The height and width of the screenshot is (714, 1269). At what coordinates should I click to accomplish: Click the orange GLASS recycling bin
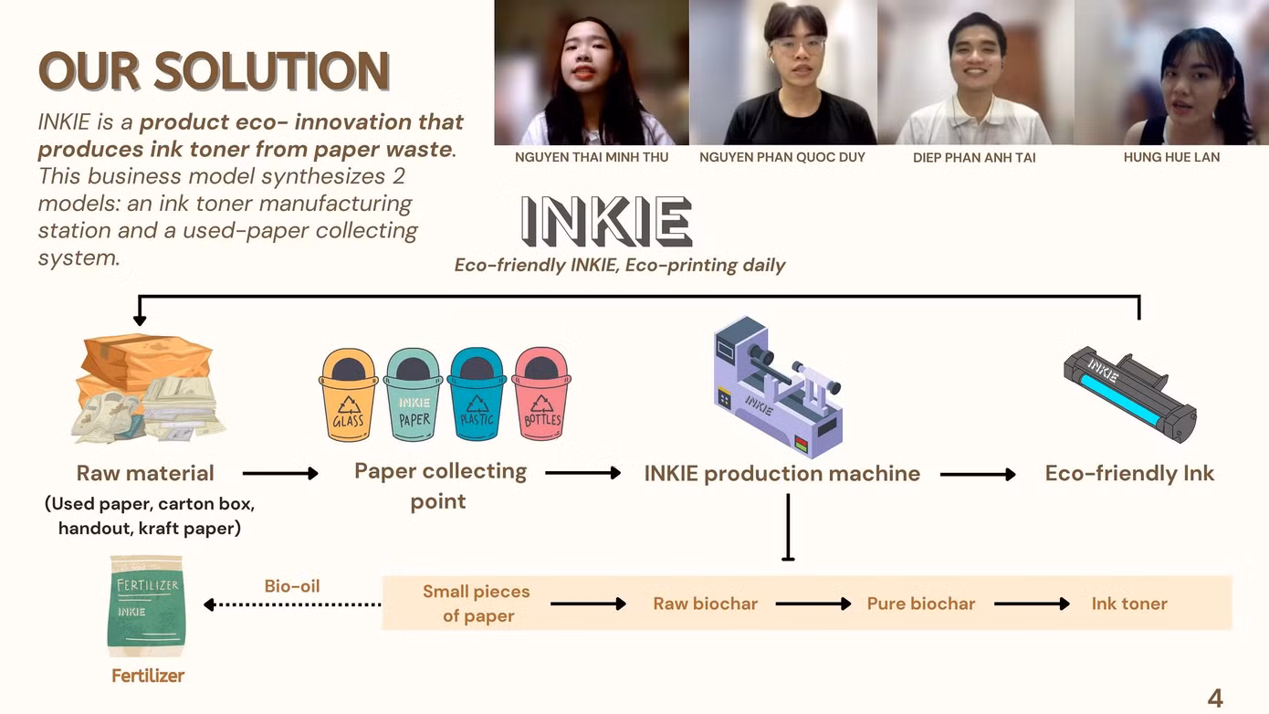(x=349, y=394)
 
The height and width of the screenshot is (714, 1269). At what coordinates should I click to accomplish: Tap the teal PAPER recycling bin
(x=413, y=394)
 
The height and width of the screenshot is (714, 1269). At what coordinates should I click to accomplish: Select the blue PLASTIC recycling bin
(x=477, y=394)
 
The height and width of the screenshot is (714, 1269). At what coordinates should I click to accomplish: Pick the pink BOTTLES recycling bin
(x=541, y=394)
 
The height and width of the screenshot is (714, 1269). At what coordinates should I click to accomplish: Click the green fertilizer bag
(x=147, y=606)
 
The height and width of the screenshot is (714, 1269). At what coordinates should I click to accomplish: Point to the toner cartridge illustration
(x=1130, y=394)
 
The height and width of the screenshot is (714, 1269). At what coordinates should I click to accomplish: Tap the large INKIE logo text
(x=606, y=221)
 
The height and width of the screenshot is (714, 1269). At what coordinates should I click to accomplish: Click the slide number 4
(x=1214, y=698)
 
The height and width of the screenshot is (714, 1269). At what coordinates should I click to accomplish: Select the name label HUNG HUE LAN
(x=1171, y=158)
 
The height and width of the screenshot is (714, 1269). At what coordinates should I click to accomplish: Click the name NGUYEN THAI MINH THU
(x=592, y=158)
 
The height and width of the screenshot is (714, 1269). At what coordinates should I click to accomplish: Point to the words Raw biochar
(x=706, y=604)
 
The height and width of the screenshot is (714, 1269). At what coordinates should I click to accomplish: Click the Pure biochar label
(x=920, y=604)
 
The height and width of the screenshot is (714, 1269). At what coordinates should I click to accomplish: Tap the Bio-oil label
(x=292, y=586)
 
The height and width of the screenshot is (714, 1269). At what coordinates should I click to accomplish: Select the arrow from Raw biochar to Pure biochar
(x=813, y=604)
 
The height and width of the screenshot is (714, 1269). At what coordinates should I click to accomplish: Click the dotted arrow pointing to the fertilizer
(x=292, y=605)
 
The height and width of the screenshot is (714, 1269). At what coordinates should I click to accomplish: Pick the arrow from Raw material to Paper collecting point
(x=280, y=473)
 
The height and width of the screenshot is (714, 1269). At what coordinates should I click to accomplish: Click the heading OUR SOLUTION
(x=214, y=71)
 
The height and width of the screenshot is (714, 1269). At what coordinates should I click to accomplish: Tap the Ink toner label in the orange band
(x=1129, y=604)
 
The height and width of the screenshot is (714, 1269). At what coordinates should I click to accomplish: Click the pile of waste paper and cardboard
(x=149, y=388)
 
